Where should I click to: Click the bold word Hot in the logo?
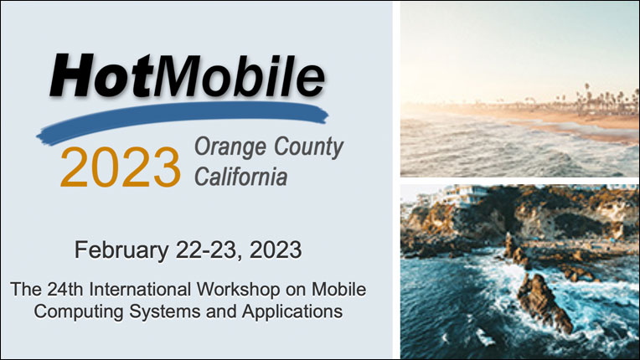click(x=101, y=76)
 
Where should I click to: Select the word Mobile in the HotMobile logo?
click(x=240, y=76)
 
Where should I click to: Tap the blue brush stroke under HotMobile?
click(x=183, y=122)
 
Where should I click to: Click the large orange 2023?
click(x=121, y=167)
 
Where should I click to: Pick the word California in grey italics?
click(x=240, y=177)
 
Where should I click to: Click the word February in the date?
click(x=121, y=250)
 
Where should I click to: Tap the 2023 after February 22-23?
click(x=276, y=249)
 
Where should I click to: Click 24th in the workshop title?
click(x=65, y=290)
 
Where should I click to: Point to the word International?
click(x=140, y=290)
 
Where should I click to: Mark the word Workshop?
click(x=239, y=290)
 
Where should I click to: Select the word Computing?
click(x=79, y=312)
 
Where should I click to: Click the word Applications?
click(x=292, y=312)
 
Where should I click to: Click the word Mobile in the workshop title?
click(x=338, y=290)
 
